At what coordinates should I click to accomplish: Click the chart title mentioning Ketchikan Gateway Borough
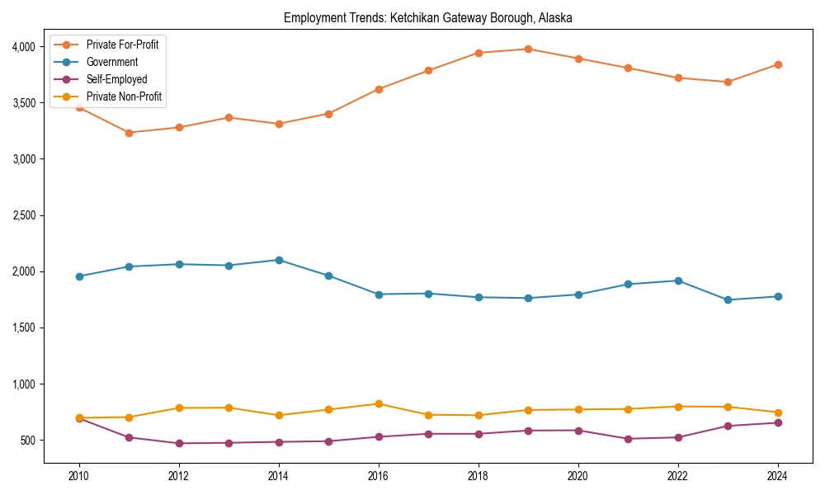click(427, 17)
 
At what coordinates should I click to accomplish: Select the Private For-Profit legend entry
click(122, 45)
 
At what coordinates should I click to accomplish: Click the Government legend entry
click(111, 62)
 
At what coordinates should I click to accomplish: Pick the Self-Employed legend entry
click(116, 79)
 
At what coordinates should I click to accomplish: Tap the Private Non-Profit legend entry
click(124, 97)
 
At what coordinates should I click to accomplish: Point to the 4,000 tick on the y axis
click(22, 47)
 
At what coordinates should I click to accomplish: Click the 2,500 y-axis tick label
click(22, 215)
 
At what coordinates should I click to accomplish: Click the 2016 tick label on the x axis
click(379, 476)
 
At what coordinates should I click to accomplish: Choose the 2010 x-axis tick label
click(79, 476)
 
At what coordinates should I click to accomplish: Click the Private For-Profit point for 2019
click(528, 49)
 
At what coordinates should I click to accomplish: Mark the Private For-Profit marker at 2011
click(129, 133)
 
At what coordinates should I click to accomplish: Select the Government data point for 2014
click(279, 260)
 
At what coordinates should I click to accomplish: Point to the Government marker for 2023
click(728, 299)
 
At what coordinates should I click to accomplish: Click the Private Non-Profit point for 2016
click(379, 403)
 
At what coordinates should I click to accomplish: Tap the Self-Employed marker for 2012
click(179, 443)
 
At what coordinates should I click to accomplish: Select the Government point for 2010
click(79, 276)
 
